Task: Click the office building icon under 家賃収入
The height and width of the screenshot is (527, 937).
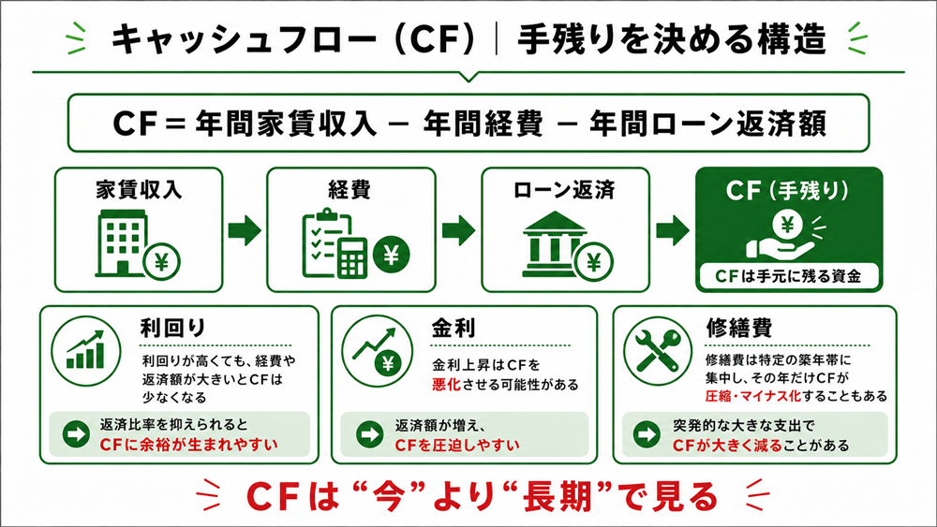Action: (121, 243)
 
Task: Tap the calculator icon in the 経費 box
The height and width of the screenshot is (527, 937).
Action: (352, 256)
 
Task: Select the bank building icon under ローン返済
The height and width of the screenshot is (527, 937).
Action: (554, 243)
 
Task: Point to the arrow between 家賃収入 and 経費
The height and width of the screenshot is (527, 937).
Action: (245, 230)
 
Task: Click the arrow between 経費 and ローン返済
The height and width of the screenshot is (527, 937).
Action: (458, 230)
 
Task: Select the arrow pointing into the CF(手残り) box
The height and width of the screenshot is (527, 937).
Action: (672, 230)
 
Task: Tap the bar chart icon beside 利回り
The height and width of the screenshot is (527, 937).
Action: (85, 351)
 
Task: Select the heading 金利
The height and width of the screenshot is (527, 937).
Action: (454, 328)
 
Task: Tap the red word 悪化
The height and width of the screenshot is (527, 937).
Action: (446, 385)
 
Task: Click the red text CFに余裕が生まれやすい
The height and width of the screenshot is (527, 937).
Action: (189, 445)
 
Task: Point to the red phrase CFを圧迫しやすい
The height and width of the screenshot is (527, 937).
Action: (457, 446)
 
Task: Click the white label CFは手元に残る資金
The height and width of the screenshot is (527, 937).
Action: (788, 276)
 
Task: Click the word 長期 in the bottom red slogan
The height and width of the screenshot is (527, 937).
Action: (557, 496)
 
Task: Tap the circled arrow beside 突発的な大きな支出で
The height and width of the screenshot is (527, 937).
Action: (647, 434)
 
